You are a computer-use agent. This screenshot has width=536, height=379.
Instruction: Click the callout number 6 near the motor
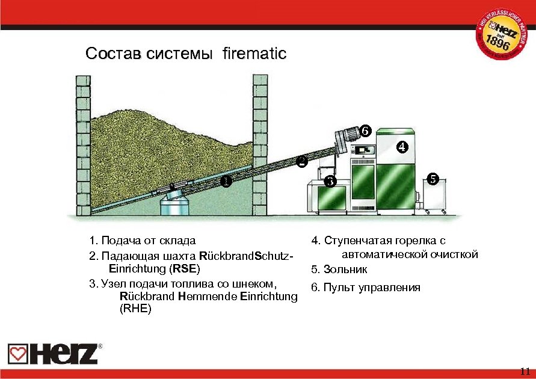pyautogui.click(x=364, y=131)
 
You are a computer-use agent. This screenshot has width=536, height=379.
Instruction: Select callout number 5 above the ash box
pyautogui.click(x=433, y=178)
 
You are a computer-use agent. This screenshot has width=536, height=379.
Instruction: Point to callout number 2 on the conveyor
pyautogui.click(x=302, y=161)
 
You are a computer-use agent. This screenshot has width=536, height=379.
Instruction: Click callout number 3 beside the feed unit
pyautogui.click(x=328, y=182)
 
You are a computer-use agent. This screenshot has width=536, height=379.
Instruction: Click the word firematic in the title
pyautogui.click(x=254, y=54)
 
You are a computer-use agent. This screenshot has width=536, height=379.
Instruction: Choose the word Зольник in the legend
pyautogui.click(x=345, y=269)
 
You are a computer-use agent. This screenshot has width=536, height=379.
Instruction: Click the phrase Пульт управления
pyautogui.click(x=371, y=287)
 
